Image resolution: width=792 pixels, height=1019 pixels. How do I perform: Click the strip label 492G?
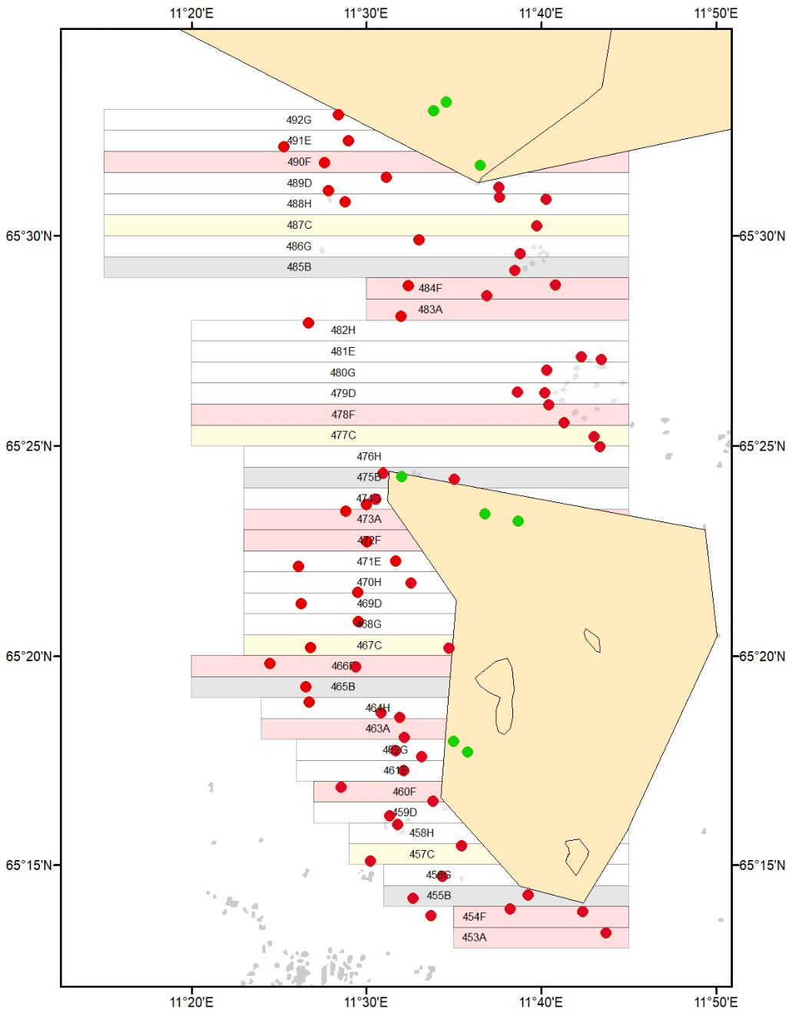[299, 120]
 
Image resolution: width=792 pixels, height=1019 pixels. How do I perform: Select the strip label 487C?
[299, 225]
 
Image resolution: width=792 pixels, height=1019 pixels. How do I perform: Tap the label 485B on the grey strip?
[299, 267]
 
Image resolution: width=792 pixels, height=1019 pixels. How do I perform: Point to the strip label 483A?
[430, 309]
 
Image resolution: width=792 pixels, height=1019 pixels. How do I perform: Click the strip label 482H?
[343, 330]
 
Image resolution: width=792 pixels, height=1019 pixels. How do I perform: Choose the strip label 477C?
[343, 435]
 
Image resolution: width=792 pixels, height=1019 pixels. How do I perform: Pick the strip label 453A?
[474, 938]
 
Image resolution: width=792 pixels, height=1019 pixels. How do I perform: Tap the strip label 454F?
[474, 917]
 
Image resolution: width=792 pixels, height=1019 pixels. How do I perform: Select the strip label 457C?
[422, 854]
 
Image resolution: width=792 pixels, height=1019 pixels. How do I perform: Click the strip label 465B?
[343, 687]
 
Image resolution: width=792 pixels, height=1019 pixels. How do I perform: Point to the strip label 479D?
[343, 393]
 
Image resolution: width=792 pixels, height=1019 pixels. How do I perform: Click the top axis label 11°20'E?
[191, 13]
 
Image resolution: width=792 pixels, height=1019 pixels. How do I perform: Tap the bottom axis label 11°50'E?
[715, 1002]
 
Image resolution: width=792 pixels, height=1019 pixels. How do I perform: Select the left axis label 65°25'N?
[29, 446]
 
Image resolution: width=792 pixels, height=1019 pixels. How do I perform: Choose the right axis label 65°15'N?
[762, 865]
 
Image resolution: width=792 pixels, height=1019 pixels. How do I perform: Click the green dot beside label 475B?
[401, 477]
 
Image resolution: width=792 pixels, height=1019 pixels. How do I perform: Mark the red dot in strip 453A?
[606, 933]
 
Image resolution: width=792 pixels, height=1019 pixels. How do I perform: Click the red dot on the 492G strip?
[338, 115]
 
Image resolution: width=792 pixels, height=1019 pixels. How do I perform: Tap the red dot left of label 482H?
[308, 323]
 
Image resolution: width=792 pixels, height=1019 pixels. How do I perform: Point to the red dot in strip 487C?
[536, 226]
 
